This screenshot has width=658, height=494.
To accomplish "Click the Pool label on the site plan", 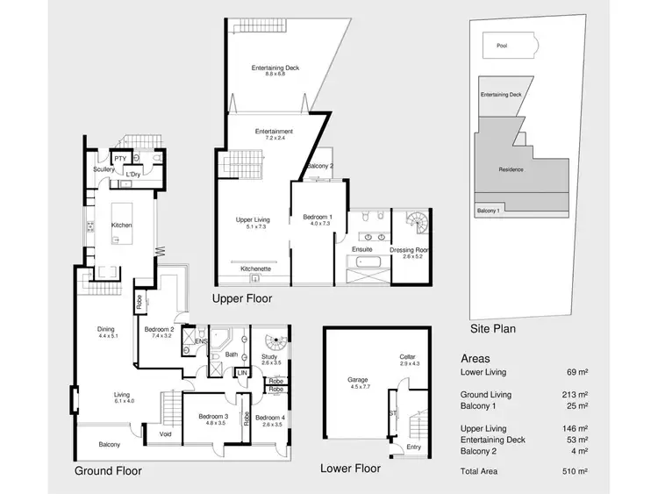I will [502, 46].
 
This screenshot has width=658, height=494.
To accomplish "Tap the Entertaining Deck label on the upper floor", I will [275, 68].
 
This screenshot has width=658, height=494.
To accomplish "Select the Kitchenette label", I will [255, 269].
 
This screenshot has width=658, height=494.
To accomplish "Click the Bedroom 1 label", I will [318, 217].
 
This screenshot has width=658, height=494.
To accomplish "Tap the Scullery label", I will [104, 169].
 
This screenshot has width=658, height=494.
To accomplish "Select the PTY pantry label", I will [121, 158].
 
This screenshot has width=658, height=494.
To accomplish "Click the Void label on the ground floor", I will [166, 433].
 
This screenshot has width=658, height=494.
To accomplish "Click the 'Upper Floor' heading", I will [242, 299].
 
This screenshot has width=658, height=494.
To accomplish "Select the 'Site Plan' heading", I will [492, 330].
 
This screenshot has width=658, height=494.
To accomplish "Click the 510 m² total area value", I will [575, 470].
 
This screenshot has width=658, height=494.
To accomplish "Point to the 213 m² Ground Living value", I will [575, 395].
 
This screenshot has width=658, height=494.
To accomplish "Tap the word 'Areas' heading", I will [476, 359].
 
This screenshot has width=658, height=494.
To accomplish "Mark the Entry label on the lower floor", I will [413, 447].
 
